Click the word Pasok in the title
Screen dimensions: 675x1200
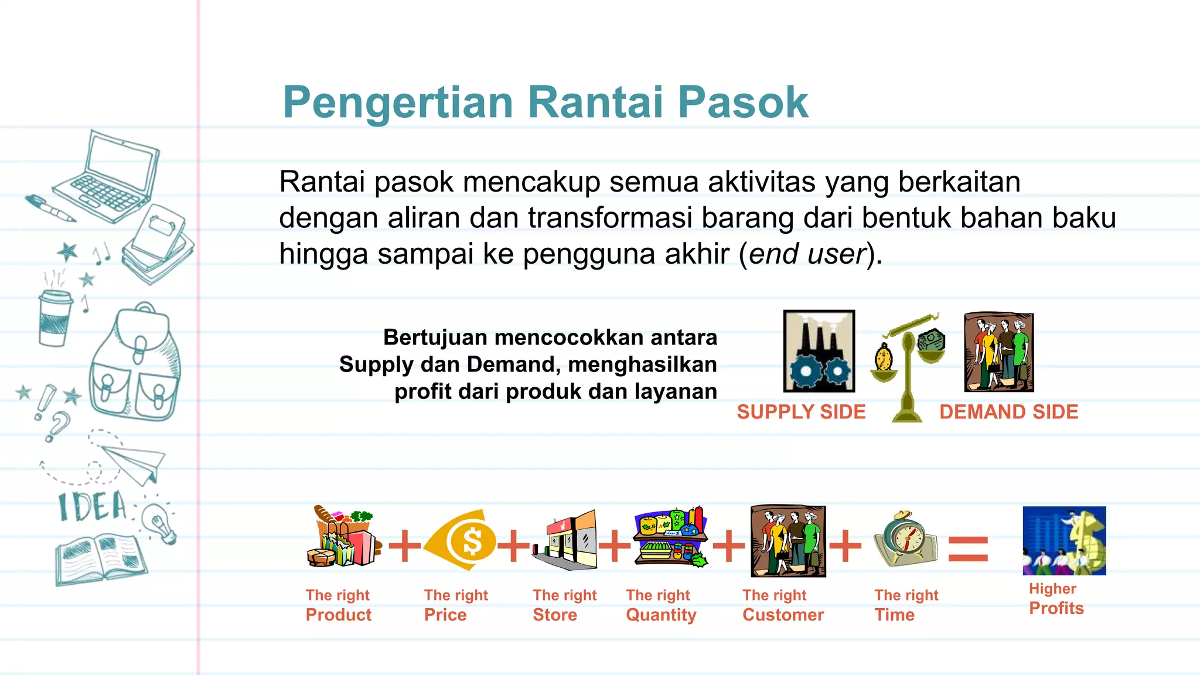(743, 103)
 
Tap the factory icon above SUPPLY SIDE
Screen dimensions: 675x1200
(819, 351)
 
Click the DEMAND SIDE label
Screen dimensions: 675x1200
(1008, 412)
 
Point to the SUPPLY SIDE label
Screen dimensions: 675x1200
(801, 412)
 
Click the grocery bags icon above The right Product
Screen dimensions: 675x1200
(343, 537)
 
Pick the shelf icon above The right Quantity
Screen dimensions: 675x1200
(671, 537)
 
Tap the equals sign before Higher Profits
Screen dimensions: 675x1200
(968, 549)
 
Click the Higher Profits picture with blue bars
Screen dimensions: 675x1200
(1064, 541)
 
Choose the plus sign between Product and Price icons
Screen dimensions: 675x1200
(404, 546)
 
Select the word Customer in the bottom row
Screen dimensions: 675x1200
(783, 615)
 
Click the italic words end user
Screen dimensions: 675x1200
(807, 254)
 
